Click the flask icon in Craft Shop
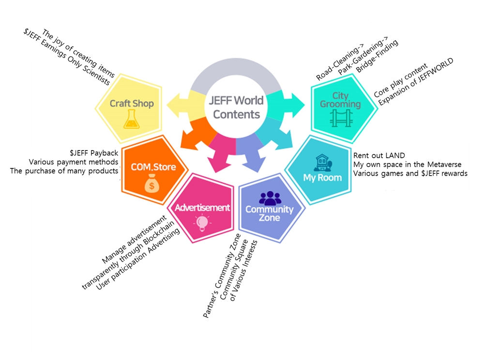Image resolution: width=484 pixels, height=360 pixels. click(131, 119)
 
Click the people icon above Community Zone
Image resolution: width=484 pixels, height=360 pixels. click(270, 197)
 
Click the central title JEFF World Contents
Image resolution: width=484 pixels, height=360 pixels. click(237, 107)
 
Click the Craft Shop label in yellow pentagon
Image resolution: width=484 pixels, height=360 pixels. click(132, 103)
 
